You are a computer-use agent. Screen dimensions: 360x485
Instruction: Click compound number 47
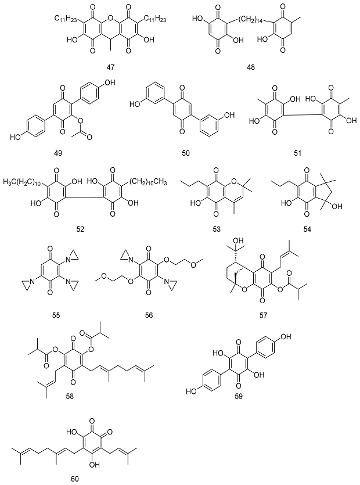110,68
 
